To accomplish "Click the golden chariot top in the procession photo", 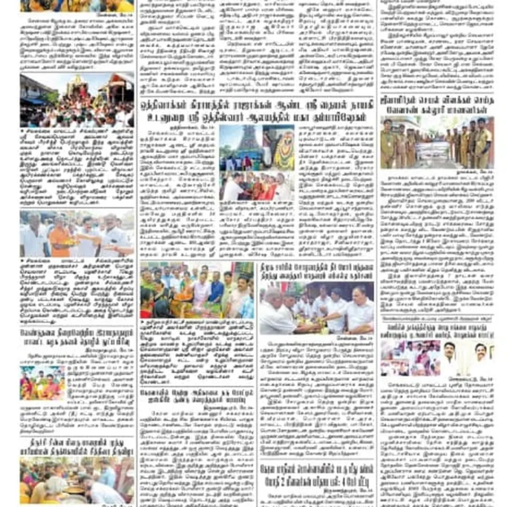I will click(x=78, y=85).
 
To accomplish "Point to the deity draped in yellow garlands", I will click(x=284, y=148).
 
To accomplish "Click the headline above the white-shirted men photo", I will click(x=317, y=270).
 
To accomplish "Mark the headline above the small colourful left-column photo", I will click(x=77, y=336).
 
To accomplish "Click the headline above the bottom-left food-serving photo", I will click(x=77, y=446).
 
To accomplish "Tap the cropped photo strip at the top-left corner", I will click(x=77, y=5).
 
